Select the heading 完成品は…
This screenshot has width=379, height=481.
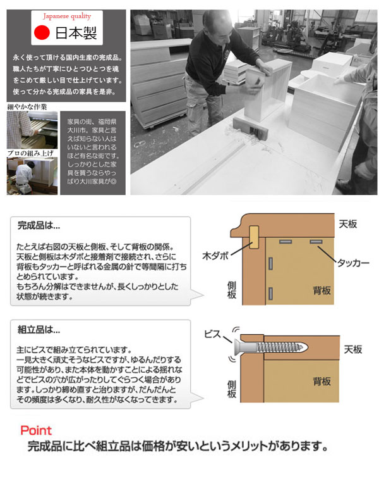pos(39,225)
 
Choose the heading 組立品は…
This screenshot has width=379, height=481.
pos(39,329)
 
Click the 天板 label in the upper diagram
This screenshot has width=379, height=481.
pos(348,225)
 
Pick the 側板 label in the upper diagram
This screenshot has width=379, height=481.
pos(232,290)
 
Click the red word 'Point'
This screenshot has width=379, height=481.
pos(36,431)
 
